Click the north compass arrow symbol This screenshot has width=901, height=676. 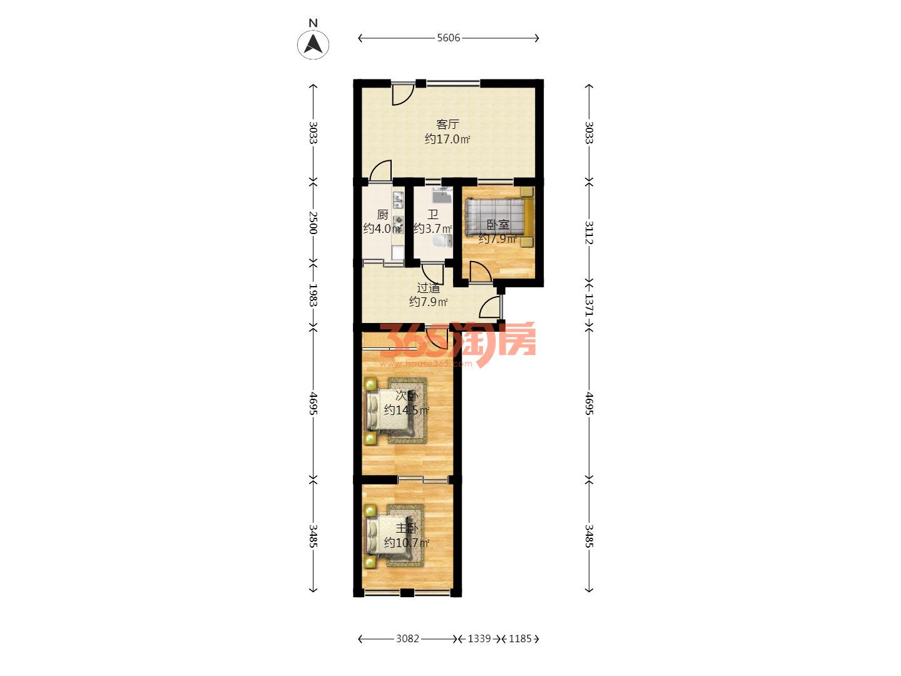click(313, 44)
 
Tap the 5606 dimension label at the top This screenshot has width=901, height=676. click(448, 38)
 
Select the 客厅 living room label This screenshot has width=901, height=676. click(447, 124)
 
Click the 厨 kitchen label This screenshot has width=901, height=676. click(382, 214)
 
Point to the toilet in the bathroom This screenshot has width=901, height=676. click(444, 242)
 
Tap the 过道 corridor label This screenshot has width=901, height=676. click(428, 288)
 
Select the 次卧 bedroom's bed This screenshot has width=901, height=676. click(389, 411)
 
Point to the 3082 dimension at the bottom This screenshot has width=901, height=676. click(407, 638)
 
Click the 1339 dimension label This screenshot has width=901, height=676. click(479, 638)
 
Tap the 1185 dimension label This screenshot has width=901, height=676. click(520, 638)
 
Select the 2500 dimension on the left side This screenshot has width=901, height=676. click(313, 222)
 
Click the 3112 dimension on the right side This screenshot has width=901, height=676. click(589, 233)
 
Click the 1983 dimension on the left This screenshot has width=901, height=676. click(313, 295)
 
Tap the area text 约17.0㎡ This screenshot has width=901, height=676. click(447, 139)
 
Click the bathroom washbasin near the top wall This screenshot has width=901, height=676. click(442, 195)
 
